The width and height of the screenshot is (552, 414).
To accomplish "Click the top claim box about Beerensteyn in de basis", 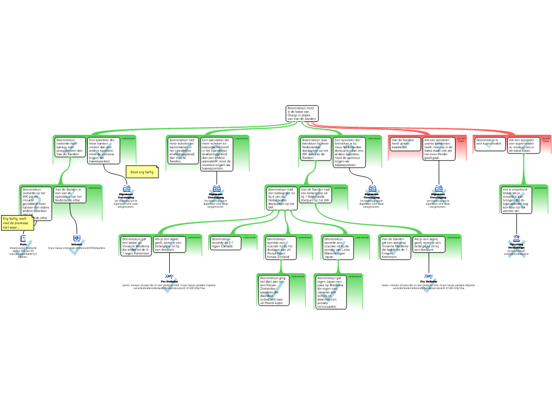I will [302, 113].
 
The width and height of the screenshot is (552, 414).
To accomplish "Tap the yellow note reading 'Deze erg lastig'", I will [142, 171].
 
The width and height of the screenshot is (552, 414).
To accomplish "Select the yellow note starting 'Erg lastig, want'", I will [17, 223].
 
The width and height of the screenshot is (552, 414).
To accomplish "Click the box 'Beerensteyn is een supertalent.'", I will [489, 143].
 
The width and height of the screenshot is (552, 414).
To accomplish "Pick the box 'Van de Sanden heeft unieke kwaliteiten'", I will [405, 143].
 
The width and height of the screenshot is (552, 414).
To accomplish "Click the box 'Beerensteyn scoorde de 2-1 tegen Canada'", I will [225, 243].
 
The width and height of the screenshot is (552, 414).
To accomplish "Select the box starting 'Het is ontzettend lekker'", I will [516, 200].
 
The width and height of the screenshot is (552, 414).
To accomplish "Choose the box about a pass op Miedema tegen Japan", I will [330, 292].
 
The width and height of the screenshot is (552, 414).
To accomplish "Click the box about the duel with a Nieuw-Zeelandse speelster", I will [273, 290].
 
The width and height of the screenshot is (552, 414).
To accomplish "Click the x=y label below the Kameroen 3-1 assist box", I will [169, 276].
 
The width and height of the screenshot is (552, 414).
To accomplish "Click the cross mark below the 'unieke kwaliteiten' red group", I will [439, 195].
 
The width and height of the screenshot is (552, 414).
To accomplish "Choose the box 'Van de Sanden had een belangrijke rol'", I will [316, 195].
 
